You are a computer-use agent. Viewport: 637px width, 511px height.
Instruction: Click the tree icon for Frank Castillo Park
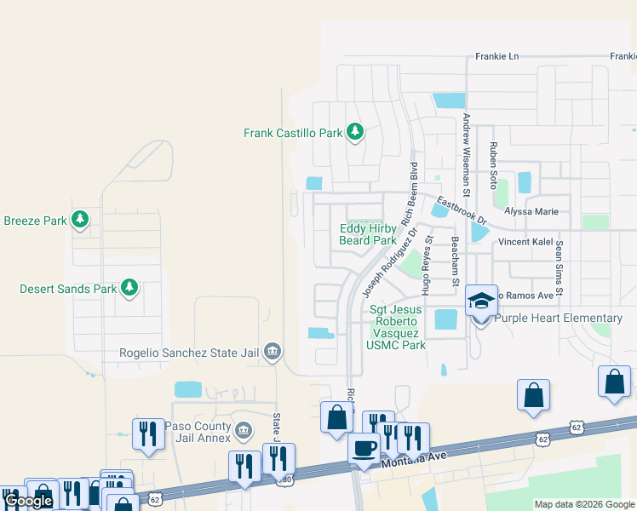coord(355,133)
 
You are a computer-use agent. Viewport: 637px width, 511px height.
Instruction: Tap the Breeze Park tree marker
coord(79,221)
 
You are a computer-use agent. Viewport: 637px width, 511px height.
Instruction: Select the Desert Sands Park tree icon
coord(129,289)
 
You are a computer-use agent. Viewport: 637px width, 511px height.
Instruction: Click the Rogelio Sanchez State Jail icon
coord(273,351)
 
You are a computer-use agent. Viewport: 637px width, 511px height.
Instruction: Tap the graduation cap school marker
coord(481,302)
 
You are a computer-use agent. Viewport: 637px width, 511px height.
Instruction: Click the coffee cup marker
coord(364,449)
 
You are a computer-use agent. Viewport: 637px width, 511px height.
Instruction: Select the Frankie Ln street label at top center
coord(496,57)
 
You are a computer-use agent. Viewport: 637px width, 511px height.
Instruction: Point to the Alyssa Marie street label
coord(531,211)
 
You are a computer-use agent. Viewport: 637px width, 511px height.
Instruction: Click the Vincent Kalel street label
coord(525,242)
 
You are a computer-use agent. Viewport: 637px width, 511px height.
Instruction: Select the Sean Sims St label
coord(560,268)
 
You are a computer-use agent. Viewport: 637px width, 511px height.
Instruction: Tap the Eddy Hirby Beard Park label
coord(368,234)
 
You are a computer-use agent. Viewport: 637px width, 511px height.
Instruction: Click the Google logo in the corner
coord(29,501)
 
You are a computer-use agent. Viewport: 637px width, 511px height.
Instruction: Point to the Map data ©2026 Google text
coord(583,504)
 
